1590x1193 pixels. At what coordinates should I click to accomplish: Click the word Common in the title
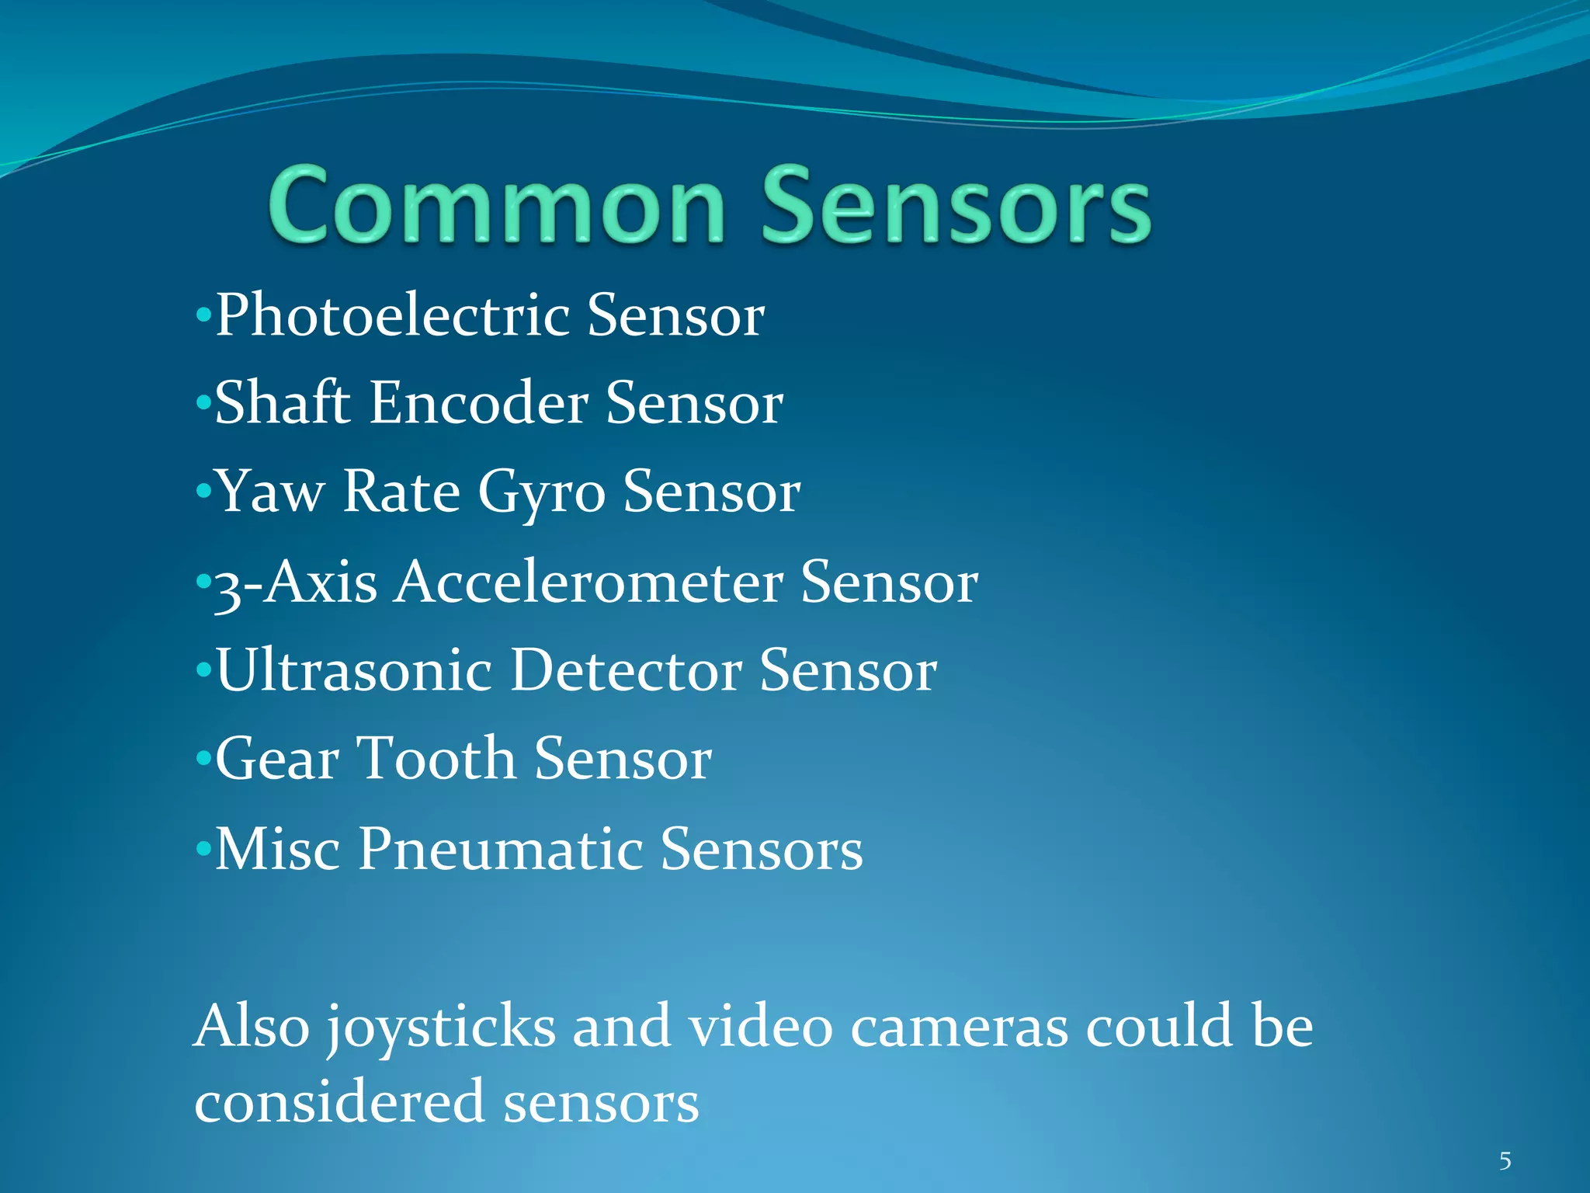click(x=497, y=207)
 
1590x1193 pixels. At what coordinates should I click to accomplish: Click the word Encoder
click(x=478, y=404)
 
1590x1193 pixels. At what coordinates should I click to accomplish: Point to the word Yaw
click(x=270, y=492)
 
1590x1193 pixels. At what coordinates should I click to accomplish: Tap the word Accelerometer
click(x=588, y=583)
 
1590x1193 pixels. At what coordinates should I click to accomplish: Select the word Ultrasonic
click(x=353, y=670)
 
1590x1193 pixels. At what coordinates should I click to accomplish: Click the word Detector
click(x=626, y=670)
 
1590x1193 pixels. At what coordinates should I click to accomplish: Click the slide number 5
click(x=1505, y=1161)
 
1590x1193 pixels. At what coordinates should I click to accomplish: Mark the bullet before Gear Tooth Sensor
click(x=203, y=757)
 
